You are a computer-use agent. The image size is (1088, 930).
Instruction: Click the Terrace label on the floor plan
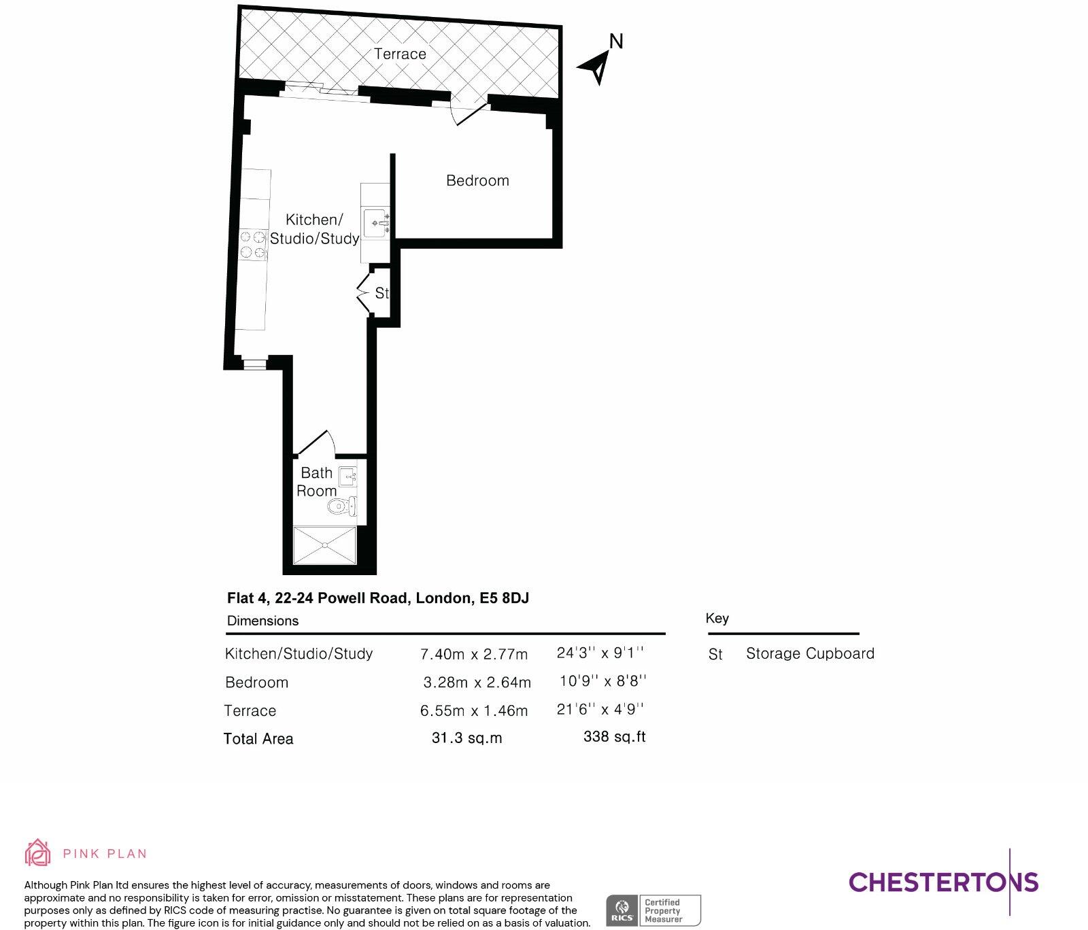(400, 54)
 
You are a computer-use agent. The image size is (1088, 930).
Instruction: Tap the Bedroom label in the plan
(477, 180)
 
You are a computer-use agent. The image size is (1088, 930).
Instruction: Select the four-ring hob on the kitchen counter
(253, 245)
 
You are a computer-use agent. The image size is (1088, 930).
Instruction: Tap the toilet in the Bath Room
(341, 506)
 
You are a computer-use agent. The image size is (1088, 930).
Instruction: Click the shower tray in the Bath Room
(324, 545)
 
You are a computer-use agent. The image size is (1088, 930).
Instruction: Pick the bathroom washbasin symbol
(347, 477)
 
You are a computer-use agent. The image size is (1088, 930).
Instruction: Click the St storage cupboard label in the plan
(381, 293)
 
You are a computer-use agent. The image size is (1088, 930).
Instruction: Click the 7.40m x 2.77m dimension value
(474, 654)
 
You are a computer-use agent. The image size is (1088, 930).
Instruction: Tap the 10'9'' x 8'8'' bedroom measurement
(603, 681)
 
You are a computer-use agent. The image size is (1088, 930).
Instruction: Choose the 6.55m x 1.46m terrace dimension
(474, 711)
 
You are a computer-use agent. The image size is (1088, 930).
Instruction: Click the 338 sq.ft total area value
(614, 737)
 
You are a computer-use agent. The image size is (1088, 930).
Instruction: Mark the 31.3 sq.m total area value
(466, 738)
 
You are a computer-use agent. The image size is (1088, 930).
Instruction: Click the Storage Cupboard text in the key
(810, 653)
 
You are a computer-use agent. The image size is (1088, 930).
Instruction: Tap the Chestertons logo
(943, 882)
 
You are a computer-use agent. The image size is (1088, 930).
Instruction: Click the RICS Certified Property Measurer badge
(653, 910)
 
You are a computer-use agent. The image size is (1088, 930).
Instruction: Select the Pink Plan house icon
(37, 852)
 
